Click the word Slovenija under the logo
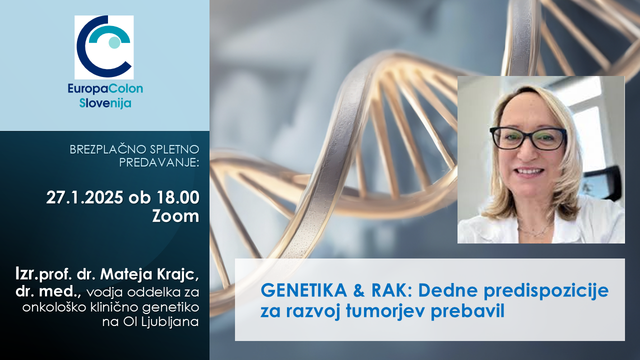tap(105, 103)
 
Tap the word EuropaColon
tap(105, 89)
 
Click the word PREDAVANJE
tap(159, 162)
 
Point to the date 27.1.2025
tap(84, 197)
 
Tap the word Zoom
tap(175, 216)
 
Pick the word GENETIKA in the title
tap(303, 290)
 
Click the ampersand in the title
tap(359, 290)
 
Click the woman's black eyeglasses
tap(528, 138)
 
